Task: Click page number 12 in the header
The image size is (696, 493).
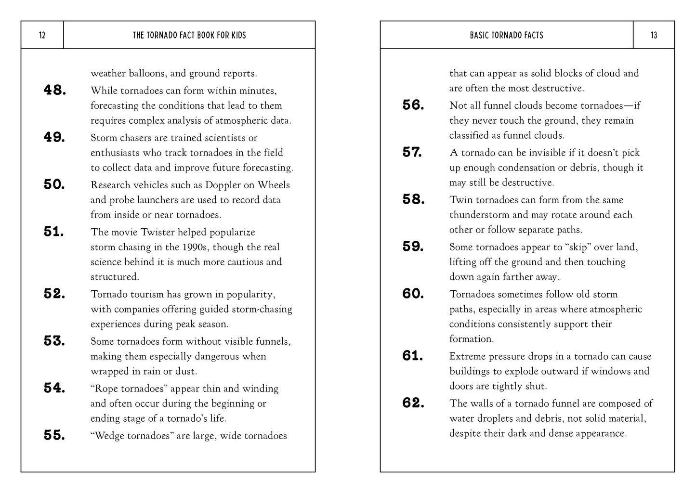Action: (x=42, y=35)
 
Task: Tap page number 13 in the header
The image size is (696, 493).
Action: (x=654, y=35)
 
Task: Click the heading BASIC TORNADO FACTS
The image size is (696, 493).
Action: (x=506, y=35)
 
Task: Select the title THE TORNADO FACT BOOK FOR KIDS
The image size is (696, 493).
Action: (x=189, y=35)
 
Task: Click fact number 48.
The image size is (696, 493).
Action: (x=54, y=90)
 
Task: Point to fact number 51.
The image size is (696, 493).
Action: (x=54, y=232)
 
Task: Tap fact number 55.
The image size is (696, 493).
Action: (x=54, y=435)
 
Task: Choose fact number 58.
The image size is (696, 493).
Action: (x=413, y=199)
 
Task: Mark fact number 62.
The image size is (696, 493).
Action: (x=413, y=403)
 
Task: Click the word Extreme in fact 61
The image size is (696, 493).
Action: (x=468, y=356)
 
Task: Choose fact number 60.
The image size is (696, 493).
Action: (x=413, y=293)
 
